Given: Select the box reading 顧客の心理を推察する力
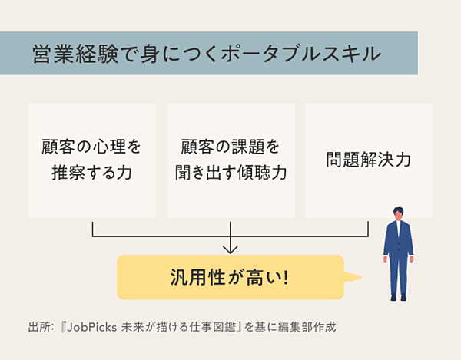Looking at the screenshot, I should [x=92, y=160].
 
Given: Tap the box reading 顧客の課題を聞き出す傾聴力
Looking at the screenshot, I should [x=230, y=160].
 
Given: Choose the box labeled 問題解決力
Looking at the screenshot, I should [x=368, y=160].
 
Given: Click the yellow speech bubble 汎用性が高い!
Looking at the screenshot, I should [x=230, y=277].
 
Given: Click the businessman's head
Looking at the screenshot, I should [x=398, y=216].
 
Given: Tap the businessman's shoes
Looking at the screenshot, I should [x=398, y=297].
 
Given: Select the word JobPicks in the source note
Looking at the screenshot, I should [x=91, y=326].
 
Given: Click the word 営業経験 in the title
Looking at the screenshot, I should [x=76, y=54].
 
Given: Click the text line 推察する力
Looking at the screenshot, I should [x=92, y=173].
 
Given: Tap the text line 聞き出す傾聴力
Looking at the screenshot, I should [x=230, y=173].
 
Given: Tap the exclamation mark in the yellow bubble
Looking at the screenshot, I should [x=286, y=277].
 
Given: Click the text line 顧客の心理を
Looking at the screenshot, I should [x=92, y=146].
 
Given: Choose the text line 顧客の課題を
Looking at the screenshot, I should [x=230, y=146].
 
